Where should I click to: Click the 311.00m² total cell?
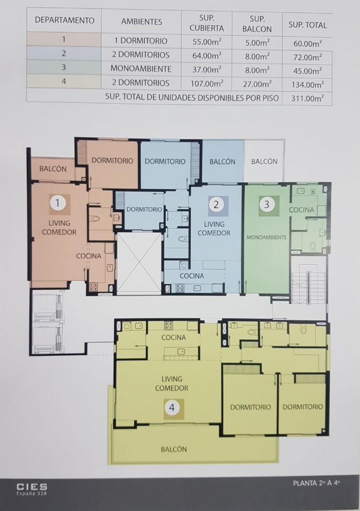coord(307,98)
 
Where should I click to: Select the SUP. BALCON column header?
coord(257,24)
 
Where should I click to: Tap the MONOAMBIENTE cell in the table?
coord(141,69)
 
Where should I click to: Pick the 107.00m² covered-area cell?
coord(207,83)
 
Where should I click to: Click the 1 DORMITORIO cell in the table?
coord(141,41)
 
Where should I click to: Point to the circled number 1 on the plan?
coord(58,204)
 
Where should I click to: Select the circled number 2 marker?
coord(216,204)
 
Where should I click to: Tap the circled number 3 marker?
coord(267,204)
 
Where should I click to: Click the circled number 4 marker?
coord(172,407)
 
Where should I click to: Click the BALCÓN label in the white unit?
coord(264,161)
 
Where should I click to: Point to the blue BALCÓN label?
coord(222,161)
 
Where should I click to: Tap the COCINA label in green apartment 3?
coord(302,210)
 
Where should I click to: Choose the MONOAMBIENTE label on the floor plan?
coord(267,238)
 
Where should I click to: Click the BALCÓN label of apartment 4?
coord(174,449)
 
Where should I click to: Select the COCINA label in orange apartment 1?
coord(88,256)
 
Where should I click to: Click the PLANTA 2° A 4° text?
coord(317,483)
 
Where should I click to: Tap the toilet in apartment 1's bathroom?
coord(95,217)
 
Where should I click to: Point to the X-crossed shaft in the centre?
coord(139,263)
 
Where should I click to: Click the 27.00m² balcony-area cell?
coord(257,84)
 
